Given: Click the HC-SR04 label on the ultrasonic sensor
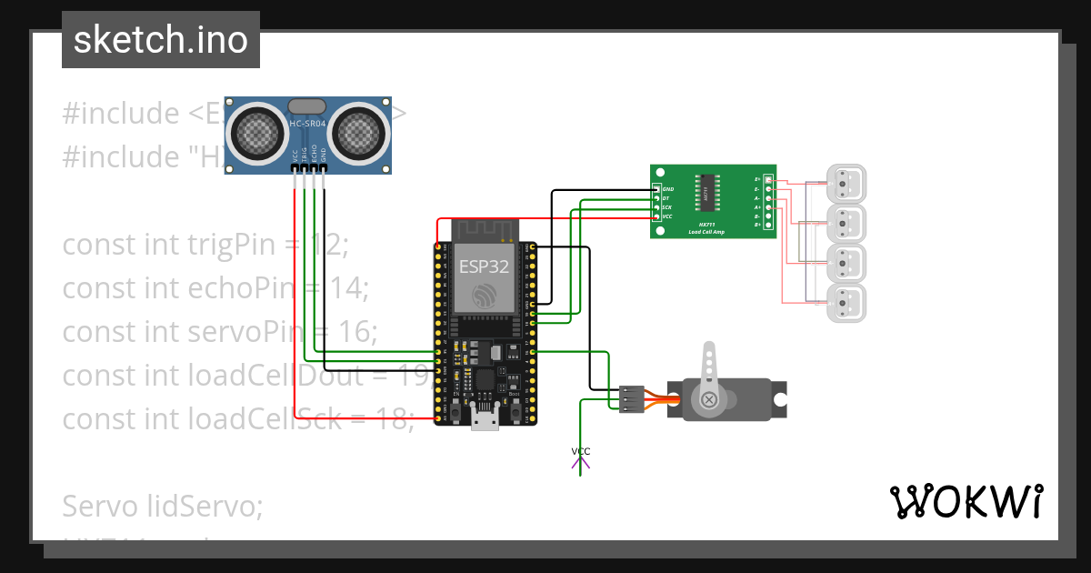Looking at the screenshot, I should click(x=306, y=124).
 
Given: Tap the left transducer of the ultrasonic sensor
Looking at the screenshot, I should click(x=260, y=133).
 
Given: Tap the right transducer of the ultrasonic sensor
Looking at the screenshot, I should click(x=357, y=133).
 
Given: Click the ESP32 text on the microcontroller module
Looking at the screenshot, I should click(x=484, y=266).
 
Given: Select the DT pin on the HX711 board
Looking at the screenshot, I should click(x=656, y=198).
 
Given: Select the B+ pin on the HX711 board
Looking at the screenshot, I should click(x=768, y=225).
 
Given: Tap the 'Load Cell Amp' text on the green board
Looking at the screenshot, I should click(x=706, y=233).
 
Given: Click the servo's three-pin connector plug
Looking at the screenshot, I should click(x=633, y=399).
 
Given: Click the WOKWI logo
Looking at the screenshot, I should click(x=966, y=501).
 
